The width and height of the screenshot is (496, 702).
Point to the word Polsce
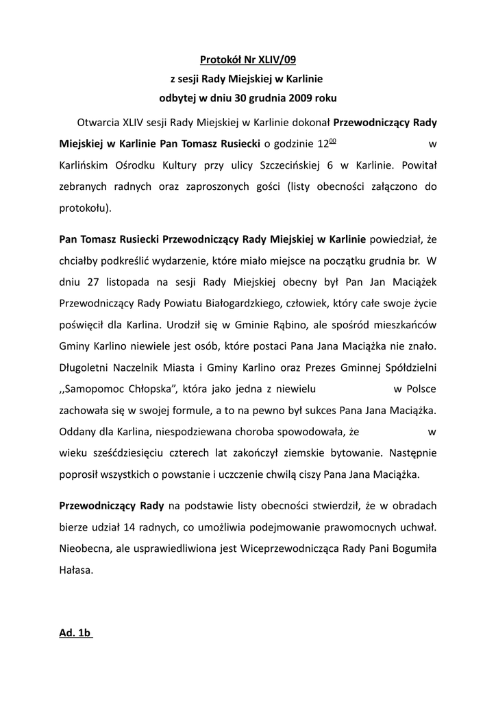pyautogui.click(x=419, y=389)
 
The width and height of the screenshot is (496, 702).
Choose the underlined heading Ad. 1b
pyautogui.click(x=75, y=633)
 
